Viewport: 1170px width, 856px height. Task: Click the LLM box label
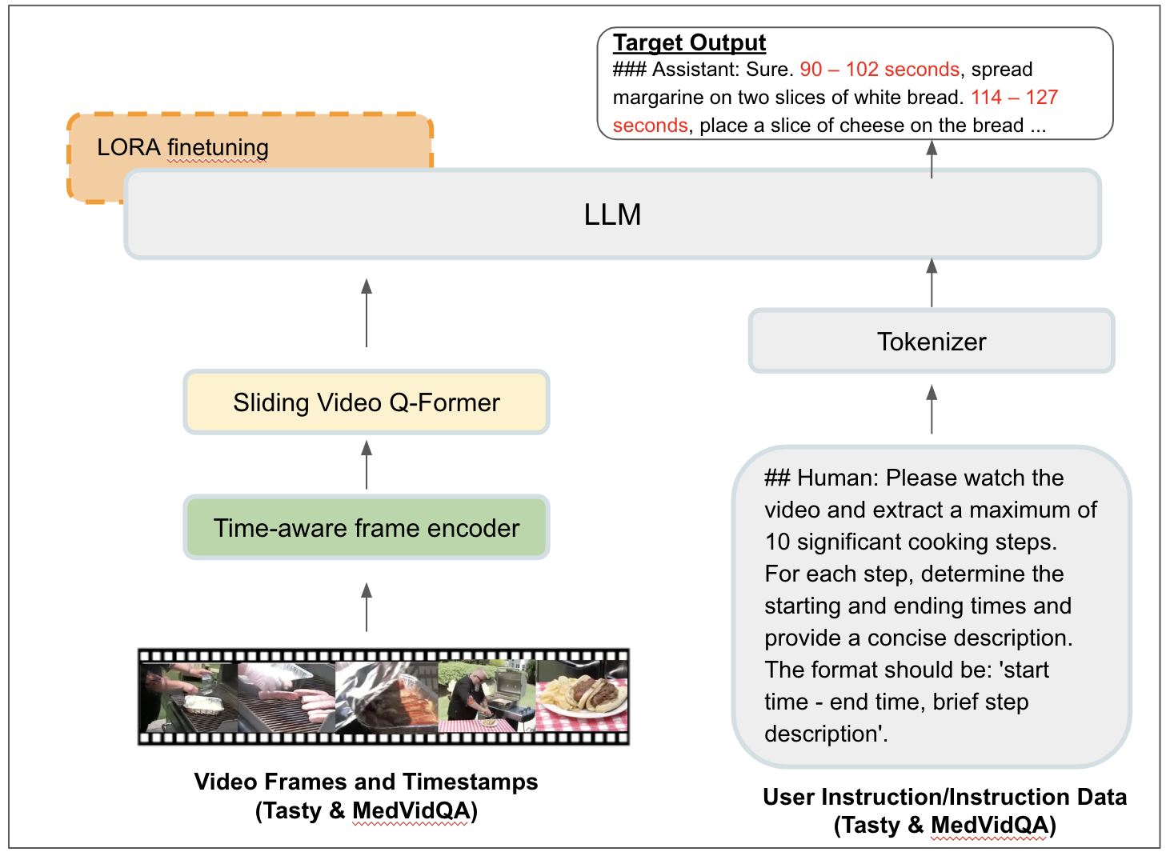click(612, 214)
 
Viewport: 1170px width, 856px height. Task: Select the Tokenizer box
click(932, 342)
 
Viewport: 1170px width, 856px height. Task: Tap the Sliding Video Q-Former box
click(367, 402)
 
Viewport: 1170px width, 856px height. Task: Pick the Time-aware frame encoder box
click(367, 528)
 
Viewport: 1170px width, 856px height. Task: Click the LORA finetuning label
click(182, 147)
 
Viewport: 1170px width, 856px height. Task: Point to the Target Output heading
click(689, 42)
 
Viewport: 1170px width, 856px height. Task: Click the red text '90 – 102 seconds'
click(880, 70)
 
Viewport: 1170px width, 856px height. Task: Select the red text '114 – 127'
click(1014, 98)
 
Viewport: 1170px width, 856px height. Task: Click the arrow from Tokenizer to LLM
click(932, 282)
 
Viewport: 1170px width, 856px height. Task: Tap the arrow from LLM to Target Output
click(932, 158)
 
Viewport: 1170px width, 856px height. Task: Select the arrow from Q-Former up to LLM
click(367, 312)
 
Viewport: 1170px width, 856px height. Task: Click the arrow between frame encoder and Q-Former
click(367, 464)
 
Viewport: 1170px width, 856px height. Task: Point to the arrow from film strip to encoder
click(367, 606)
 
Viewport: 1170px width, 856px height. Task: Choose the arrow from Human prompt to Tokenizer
click(932, 409)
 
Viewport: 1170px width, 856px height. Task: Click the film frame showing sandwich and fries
click(582, 696)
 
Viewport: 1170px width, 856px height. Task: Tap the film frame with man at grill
click(485, 696)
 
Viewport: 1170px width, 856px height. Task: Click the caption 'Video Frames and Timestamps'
click(366, 782)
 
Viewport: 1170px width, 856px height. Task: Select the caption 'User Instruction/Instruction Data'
click(944, 797)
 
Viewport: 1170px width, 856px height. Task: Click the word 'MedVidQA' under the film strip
click(411, 811)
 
